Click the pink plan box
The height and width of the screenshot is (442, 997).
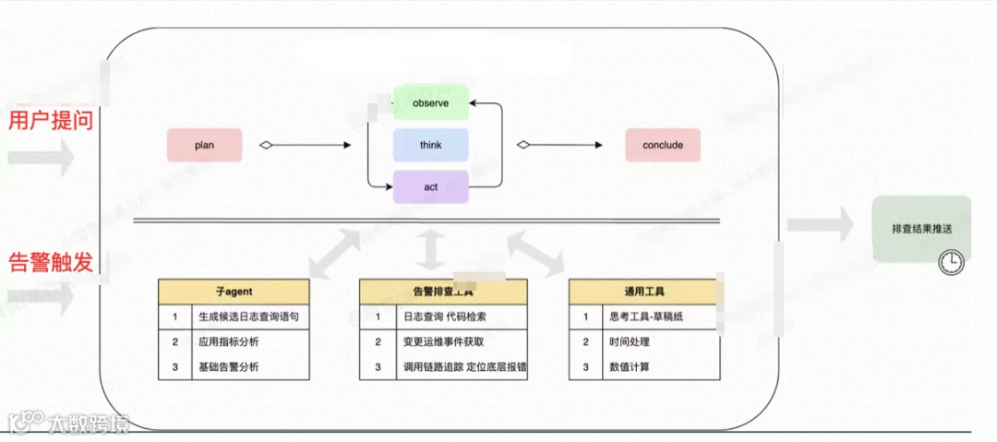[x=204, y=145]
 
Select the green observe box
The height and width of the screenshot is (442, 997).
[x=431, y=103]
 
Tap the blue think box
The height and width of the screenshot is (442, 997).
[x=431, y=145]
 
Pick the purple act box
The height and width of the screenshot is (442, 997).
[x=431, y=187]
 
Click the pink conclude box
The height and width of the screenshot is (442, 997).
[x=662, y=145]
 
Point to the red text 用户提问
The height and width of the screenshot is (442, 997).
[x=51, y=120]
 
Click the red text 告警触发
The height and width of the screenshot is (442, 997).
[x=51, y=263]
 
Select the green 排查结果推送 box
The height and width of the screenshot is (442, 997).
[x=921, y=228]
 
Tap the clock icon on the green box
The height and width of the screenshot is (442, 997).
[x=950, y=262]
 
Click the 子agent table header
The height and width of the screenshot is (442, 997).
[x=233, y=292]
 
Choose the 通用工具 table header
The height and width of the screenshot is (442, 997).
[x=643, y=292]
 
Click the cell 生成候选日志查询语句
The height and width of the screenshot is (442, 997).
[x=247, y=317]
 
